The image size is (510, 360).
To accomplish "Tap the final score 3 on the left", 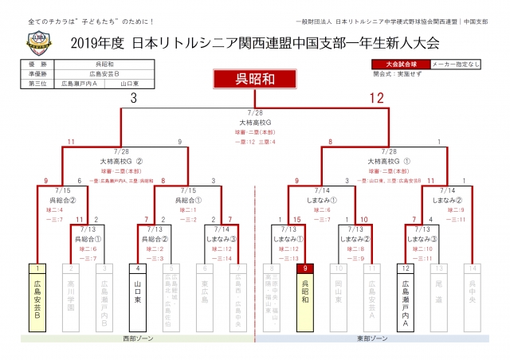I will coord(133,98).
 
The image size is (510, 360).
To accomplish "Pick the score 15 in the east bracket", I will coord(296,220).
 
